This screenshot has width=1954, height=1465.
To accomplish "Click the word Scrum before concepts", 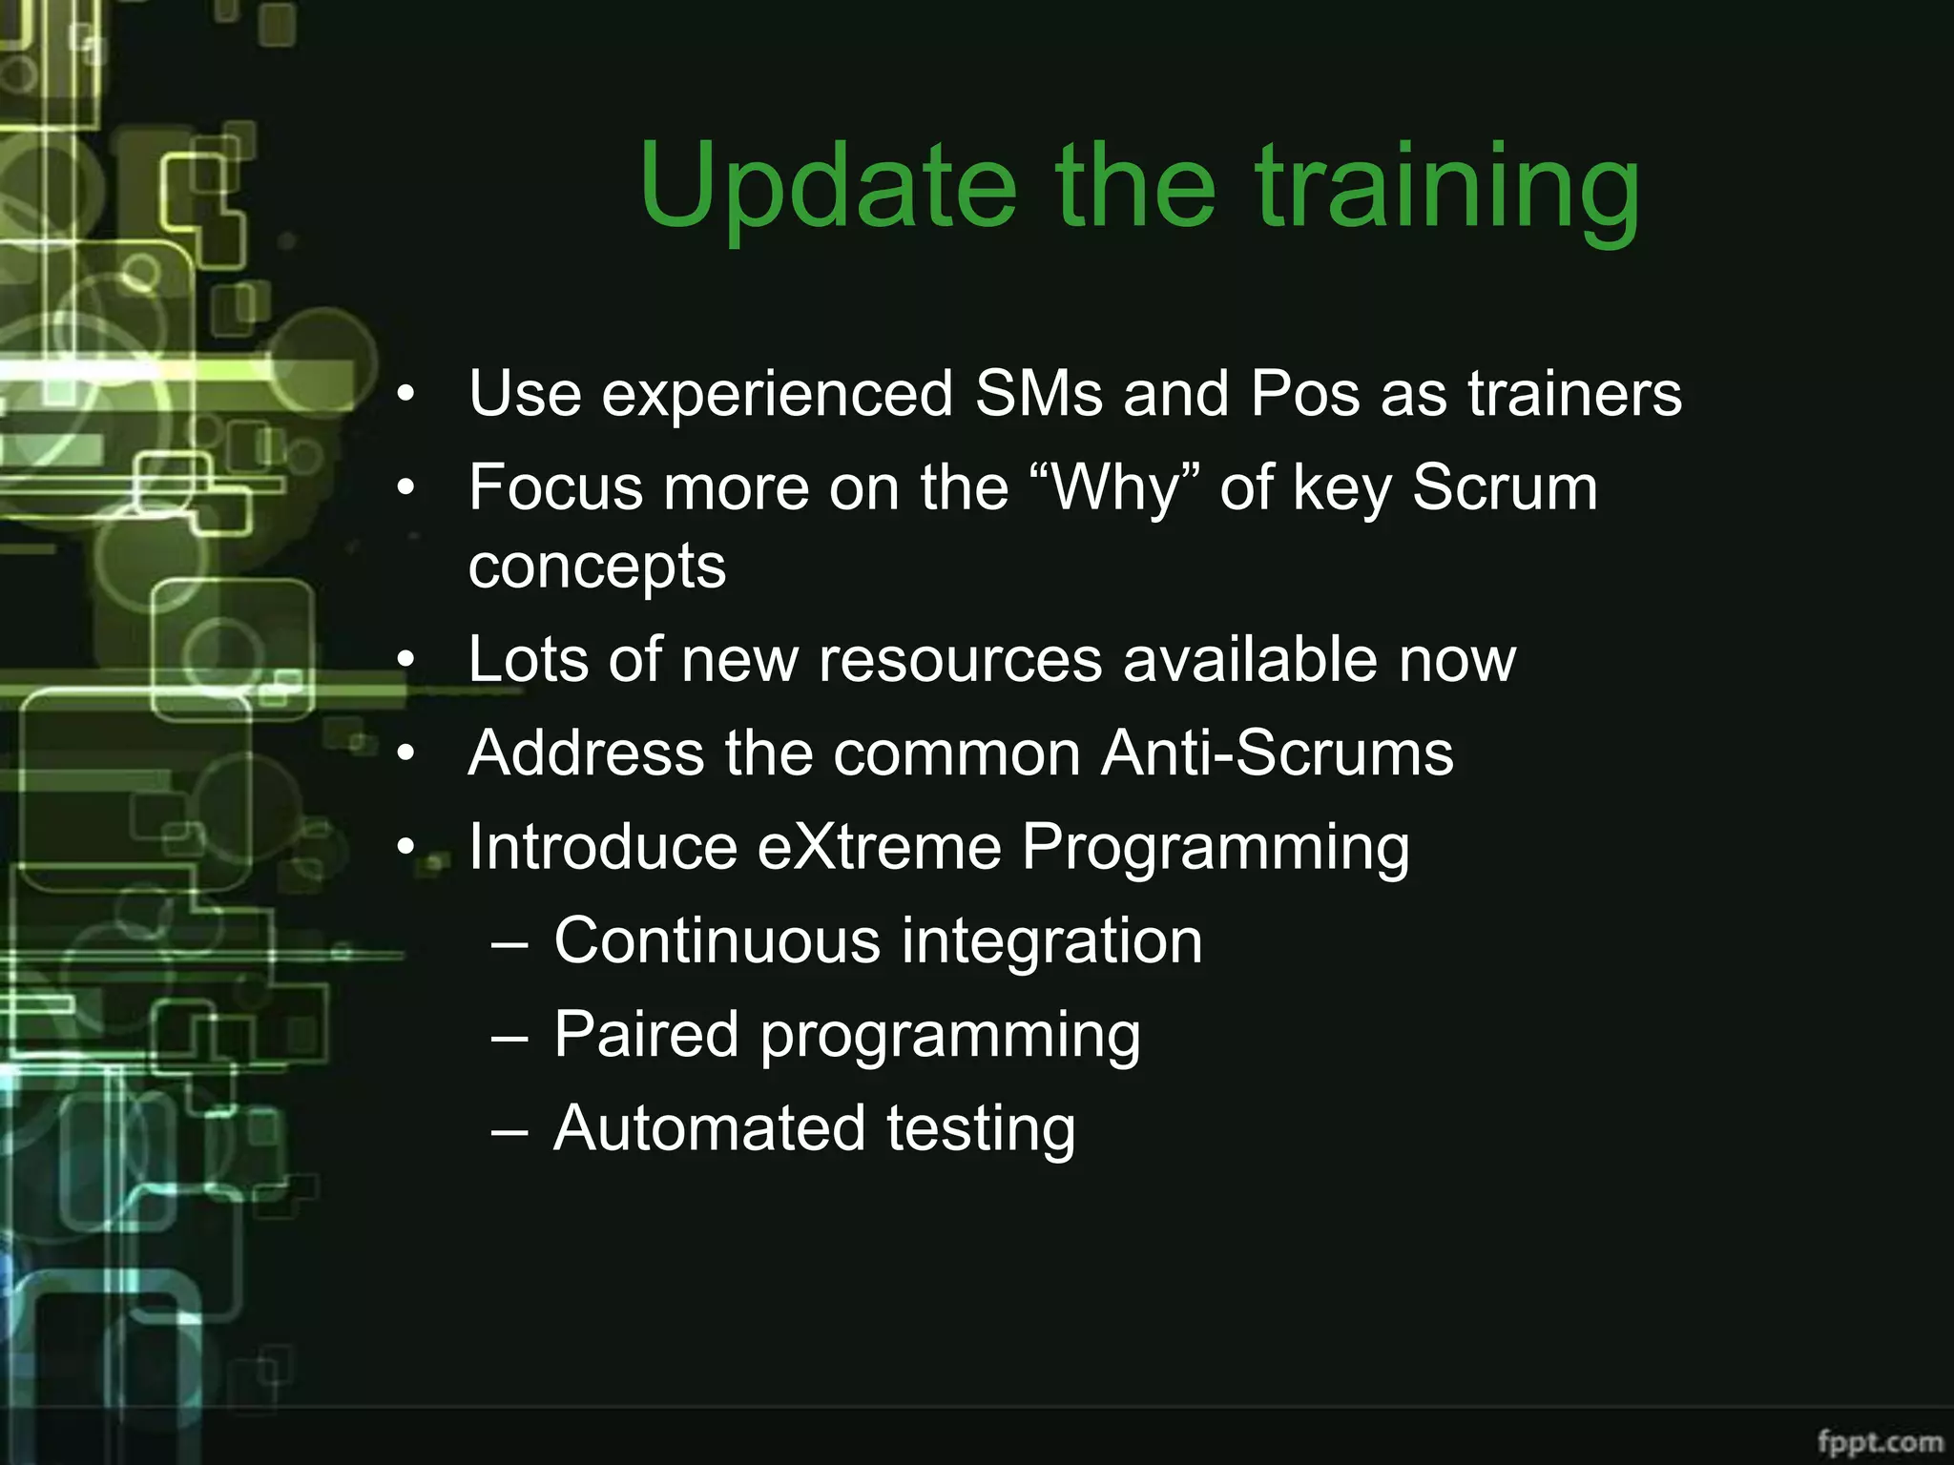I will (x=1505, y=488).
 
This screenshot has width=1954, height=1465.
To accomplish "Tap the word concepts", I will (x=597, y=567).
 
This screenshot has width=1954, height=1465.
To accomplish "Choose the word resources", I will (x=960, y=659).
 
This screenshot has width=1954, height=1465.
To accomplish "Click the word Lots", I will (x=529, y=659).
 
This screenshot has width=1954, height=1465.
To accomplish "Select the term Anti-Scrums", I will (x=1277, y=753).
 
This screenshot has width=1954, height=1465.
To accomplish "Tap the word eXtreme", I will (x=879, y=847).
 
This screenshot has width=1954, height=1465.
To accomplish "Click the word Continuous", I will (x=717, y=940).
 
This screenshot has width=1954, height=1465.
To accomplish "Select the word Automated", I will (x=710, y=1128).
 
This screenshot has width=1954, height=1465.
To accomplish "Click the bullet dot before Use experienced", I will (x=406, y=395).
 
